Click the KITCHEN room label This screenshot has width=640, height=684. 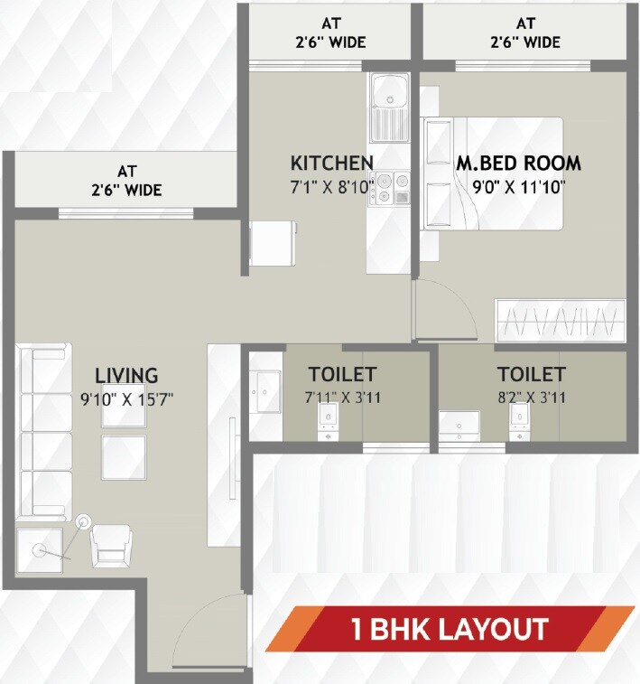[x=331, y=163]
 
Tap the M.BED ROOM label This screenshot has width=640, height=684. [x=518, y=164]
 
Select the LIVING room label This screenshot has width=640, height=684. [x=127, y=375]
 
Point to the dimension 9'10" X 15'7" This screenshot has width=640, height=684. [x=127, y=398]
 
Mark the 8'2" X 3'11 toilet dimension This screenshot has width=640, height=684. [x=531, y=397]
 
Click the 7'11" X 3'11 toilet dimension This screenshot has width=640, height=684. [x=341, y=397]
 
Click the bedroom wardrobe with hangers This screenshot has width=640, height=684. [x=560, y=321]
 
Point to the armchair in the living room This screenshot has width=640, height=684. [x=111, y=547]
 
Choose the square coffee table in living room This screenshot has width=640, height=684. [x=124, y=457]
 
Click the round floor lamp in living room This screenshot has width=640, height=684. [x=84, y=521]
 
